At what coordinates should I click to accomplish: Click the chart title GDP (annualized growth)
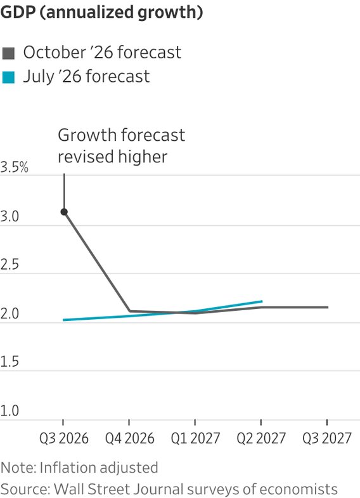coord(102,12)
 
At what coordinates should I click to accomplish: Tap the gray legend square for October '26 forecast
coord(8,53)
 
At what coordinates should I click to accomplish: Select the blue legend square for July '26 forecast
coord(8,77)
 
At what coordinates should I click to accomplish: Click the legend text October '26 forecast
coord(102,52)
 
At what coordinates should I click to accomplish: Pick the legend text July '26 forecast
coord(86,77)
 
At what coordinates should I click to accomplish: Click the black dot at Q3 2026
coord(64,212)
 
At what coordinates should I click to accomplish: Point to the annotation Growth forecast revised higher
coord(121,146)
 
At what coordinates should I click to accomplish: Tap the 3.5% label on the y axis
coord(15,167)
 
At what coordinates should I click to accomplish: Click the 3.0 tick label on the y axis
coord(10,216)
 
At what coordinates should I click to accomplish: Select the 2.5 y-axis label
coord(10,265)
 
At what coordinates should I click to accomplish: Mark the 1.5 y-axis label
coord(10,362)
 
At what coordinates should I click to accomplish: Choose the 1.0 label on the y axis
coord(10,411)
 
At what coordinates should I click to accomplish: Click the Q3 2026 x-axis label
coord(64,438)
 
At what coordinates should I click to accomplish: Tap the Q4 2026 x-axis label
coord(130,438)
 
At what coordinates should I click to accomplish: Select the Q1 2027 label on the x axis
coord(195,438)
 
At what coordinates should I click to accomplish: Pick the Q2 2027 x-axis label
coord(261,438)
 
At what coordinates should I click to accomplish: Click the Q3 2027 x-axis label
coord(327,438)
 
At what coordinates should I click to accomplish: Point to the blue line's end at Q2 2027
coord(262,301)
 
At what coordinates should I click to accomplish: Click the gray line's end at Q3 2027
coord(327,307)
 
